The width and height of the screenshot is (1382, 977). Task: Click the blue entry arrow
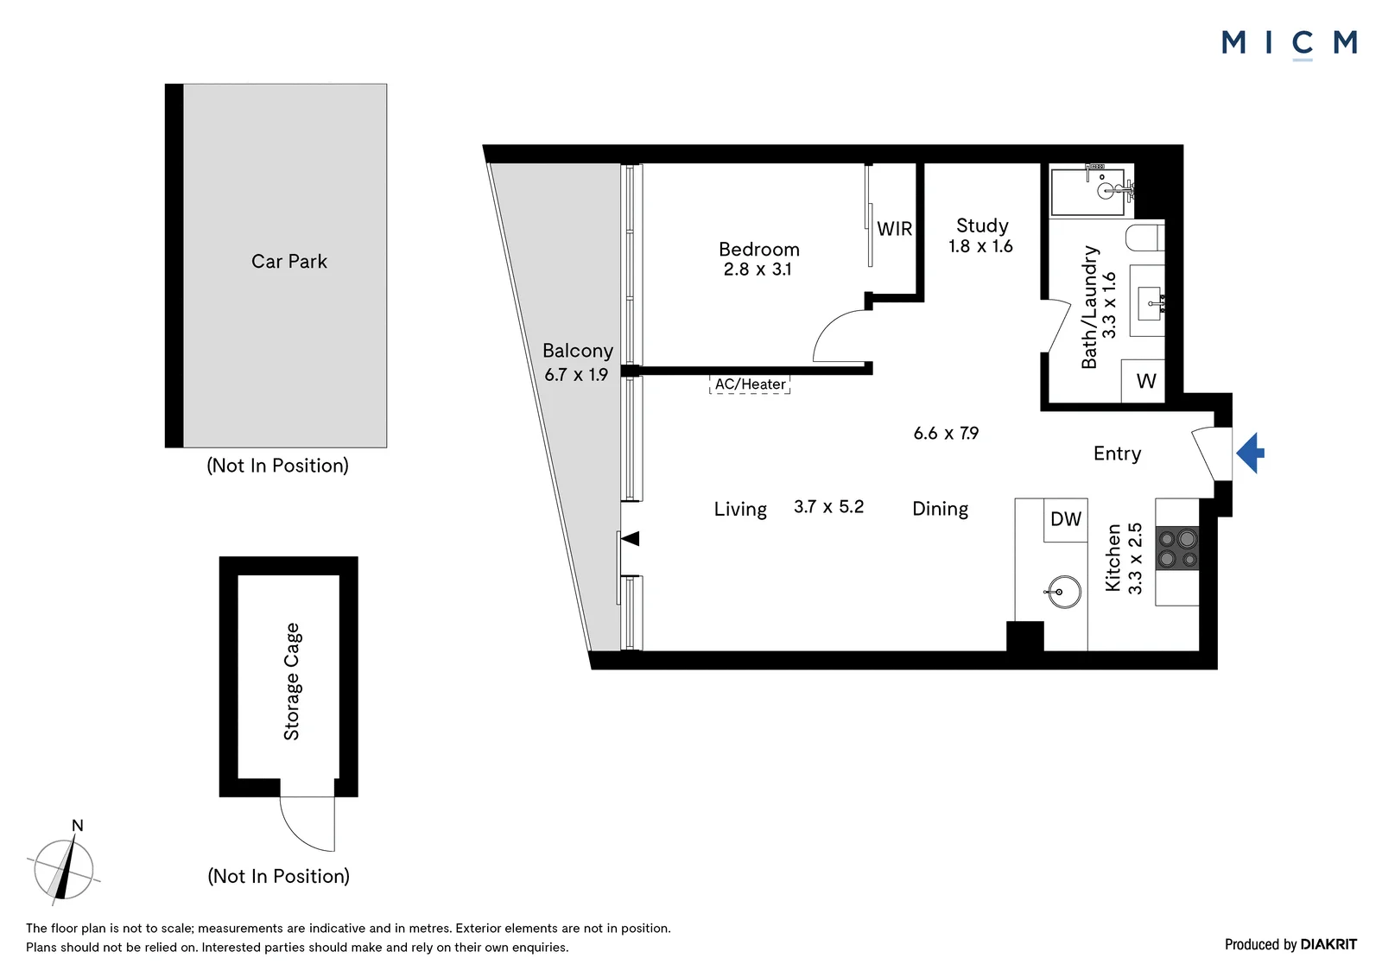pyautogui.click(x=1250, y=453)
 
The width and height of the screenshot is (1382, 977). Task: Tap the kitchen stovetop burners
pyautogui.click(x=1177, y=549)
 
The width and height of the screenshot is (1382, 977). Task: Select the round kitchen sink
pyautogui.click(x=1063, y=591)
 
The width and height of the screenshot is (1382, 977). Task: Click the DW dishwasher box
pyautogui.click(x=1066, y=520)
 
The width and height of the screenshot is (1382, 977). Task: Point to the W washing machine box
pyautogui.click(x=1144, y=381)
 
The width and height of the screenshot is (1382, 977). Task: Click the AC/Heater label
pyautogui.click(x=750, y=384)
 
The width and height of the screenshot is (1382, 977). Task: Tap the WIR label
pyautogui.click(x=895, y=229)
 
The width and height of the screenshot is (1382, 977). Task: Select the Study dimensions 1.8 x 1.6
pyautogui.click(x=980, y=246)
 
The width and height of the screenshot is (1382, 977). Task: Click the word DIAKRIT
pyautogui.click(x=1328, y=944)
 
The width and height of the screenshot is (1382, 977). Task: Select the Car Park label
pyautogui.click(x=288, y=261)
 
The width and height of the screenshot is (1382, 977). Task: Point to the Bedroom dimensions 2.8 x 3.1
pyautogui.click(x=757, y=270)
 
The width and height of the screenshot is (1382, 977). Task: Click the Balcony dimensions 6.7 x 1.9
pyautogui.click(x=575, y=375)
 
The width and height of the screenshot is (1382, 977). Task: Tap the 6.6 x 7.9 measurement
pyautogui.click(x=946, y=434)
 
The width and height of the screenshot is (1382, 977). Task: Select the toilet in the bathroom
pyautogui.click(x=1145, y=238)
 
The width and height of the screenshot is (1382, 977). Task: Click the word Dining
pyautogui.click(x=941, y=509)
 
